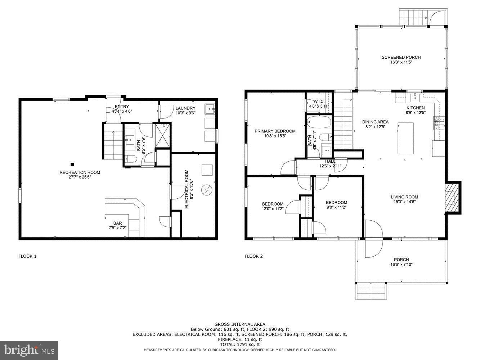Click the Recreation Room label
pyautogui.click(x=80, y=172)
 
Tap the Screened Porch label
pyautogui.click(x=401, y=57)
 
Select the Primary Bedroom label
pyautogui.click(x=275, y=131)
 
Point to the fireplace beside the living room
pyautogui.click(x=453, y=198)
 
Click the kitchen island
pyautogui.click(x=405, y=138)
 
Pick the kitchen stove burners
pyautogui.click(x=439, y=123)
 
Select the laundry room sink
pyautogui.click(x=210, y=108)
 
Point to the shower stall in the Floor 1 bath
pyautogui.click(x=163, y=136)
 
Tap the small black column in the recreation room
pyautogui.click(x=72, y=164)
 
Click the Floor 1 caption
pyautogui.click(x=27, y=256)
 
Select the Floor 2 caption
pyautogui.click(x=254, y=256)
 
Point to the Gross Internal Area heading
pyautogui.click(x=240, y=324)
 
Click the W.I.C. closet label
pyautogui.click(x=319, y=102)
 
